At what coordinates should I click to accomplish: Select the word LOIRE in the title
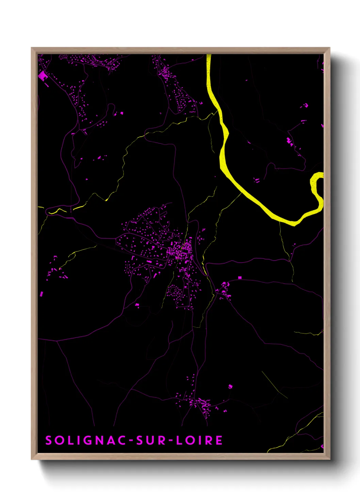[x=199, y=440]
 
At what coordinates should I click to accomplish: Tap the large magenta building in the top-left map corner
[x=43, y=76]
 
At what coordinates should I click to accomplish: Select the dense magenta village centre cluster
[x=179, y=252]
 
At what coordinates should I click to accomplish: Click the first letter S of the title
[x=49, y=440]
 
